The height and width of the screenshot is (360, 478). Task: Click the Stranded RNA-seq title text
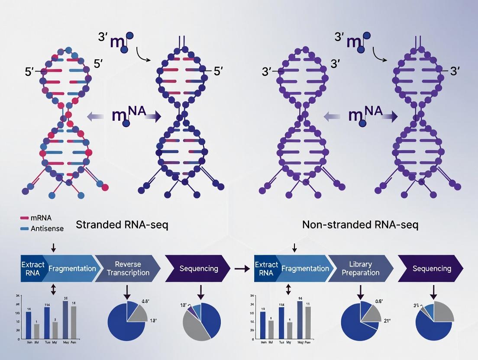(x=122, y=225)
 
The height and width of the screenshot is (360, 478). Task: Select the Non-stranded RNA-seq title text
(x=360, y=225)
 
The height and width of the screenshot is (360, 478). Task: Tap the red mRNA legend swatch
(x=25, y=219)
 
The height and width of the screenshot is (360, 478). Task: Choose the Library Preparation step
(x=361, y=268)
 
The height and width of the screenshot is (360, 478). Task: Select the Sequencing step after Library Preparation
(x=431, y=268)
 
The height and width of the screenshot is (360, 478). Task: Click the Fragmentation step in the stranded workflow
(x=72, y=268)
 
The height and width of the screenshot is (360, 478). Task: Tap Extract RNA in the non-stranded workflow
(x=264, y=268)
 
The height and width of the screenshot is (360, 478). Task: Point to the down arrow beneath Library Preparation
(x=360, y=292)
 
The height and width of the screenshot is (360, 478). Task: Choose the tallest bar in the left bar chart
(x=65, y=319)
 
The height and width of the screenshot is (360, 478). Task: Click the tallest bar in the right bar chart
(x=300, y=319)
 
